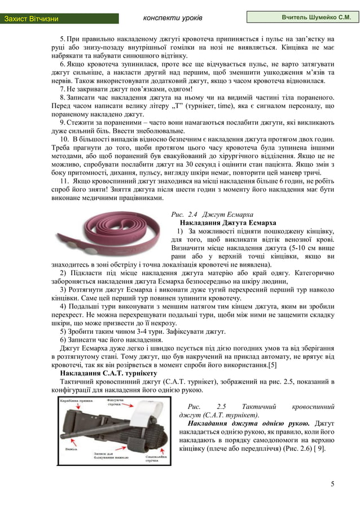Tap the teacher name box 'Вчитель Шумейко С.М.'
(302, 18)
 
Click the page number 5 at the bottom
(332, 483)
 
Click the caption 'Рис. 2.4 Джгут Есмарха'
(212, 214)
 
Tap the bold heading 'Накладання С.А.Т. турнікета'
(108, 373)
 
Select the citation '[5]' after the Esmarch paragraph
(272, 365)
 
